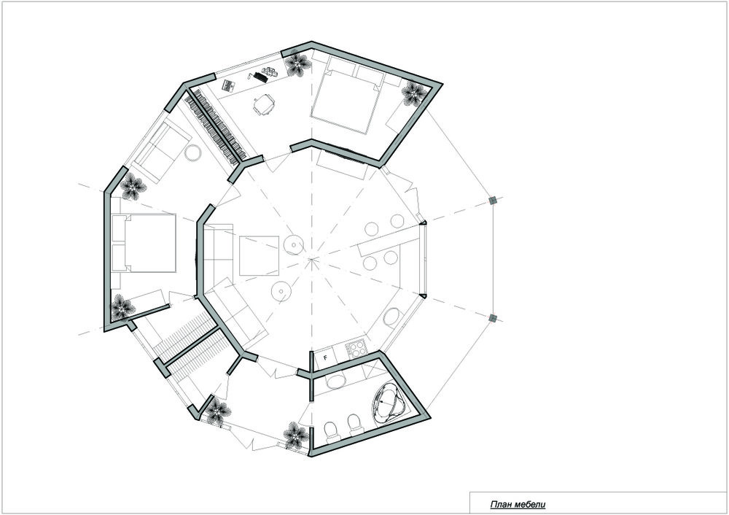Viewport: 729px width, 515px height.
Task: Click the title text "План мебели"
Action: [x=518, y=504]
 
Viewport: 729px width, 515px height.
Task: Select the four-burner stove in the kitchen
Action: [x=357, y=349]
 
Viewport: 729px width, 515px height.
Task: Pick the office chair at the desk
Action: [x=265, y=105]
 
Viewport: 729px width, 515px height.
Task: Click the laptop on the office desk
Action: [x=260, y=76]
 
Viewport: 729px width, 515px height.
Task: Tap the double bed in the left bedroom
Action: [x=146, y=243]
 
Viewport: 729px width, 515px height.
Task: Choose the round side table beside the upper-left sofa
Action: [x=194, y=154]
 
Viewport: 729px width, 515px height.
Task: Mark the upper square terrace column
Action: [x=493, y=200]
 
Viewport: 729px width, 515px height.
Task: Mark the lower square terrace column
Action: [x=493, y=317]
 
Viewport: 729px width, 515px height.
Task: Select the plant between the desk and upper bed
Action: [x=297, y=66]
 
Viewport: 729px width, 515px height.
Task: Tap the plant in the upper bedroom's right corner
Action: [x=414, y=93]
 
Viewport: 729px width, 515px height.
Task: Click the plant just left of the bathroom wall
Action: [x=295, y=435]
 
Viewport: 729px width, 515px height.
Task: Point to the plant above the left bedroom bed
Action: [x=133, y=187]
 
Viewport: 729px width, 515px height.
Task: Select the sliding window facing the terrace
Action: [x=423, y=259]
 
